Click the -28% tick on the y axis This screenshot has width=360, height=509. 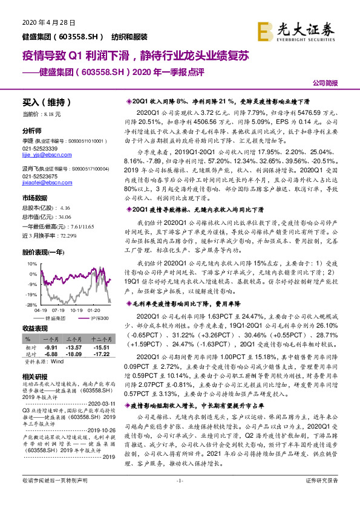28,305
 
